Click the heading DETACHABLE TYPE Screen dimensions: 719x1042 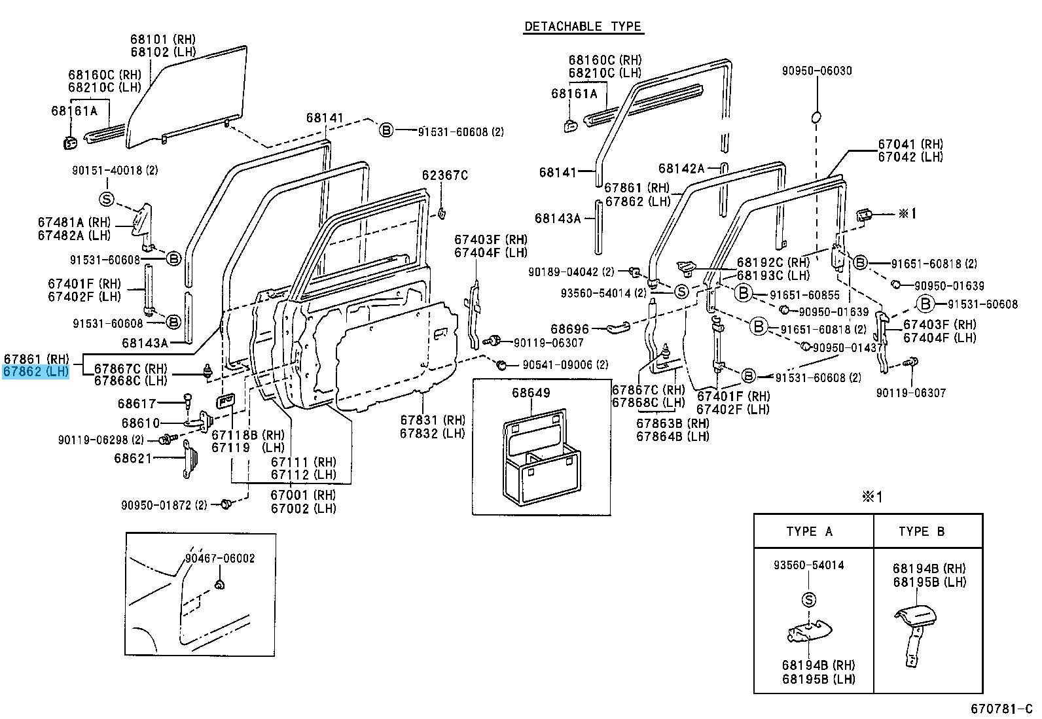pos(583,27)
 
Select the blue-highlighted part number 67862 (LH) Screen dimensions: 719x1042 pos(36,372)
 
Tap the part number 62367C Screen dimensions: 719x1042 pos(445,175)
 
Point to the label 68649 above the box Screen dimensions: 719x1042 pos(531,393)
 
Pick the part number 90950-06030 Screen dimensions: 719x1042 pos(817,71)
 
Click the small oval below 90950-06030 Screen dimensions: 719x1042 pos(816,117)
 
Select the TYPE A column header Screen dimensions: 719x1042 pos(810,532)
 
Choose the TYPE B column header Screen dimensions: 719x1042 pos(922,532)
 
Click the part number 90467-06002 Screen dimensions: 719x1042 pos(219,558)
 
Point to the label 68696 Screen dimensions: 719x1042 pos(569,329)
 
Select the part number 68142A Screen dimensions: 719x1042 pos(681,169)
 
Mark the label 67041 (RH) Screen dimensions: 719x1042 pos(910,144)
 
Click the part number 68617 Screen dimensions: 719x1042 pos(137,404)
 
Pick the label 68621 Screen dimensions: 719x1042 pos(133,458)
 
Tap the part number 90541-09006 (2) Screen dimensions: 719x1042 pos(565,365)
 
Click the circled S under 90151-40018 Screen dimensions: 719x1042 pos(107,199)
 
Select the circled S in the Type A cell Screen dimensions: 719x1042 pos(808,599)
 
